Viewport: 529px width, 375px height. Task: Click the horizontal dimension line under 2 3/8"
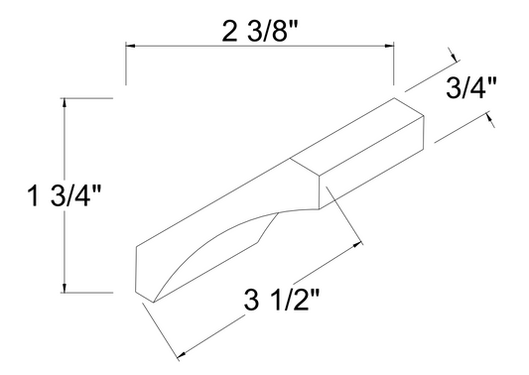259,46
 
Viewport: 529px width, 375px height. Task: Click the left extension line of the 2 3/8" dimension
124,65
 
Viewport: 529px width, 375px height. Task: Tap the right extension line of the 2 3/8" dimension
395,65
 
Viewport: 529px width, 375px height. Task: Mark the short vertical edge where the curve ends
320,194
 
